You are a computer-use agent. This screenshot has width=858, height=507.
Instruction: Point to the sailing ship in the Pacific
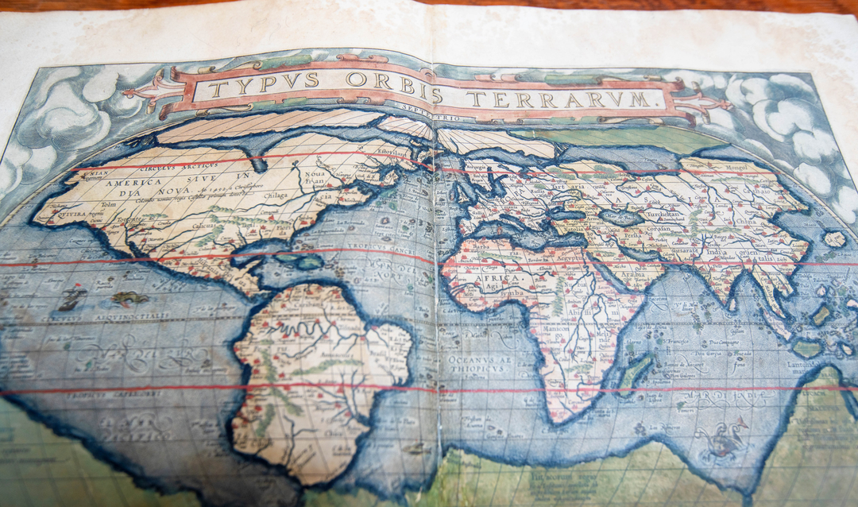point(71,299)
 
